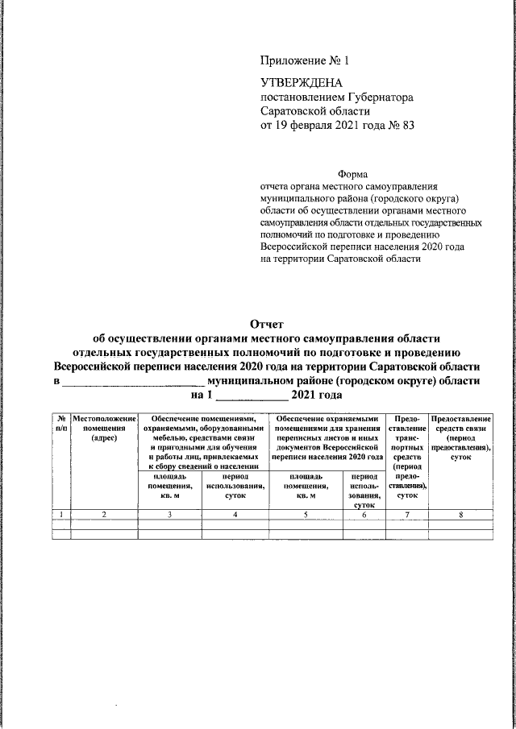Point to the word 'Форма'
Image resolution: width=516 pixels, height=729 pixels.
click(352, 174)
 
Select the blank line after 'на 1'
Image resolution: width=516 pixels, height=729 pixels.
click(252, 396)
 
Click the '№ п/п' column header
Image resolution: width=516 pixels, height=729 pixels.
click(60, 425)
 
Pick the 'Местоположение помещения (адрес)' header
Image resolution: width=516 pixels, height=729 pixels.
click(104, 429)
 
